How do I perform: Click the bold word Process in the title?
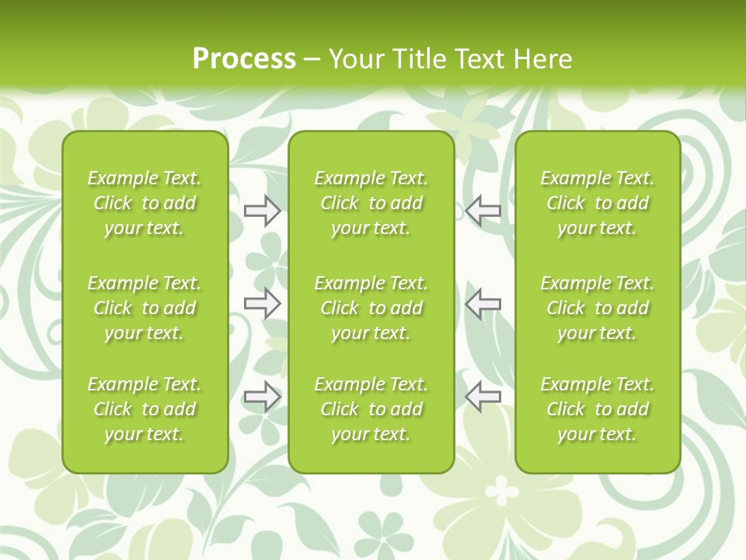click(x=244, y=59)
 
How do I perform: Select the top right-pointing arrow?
click(x=262, y=211)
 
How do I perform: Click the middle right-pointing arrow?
click(x=262, y=303)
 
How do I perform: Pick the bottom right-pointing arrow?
click(x=262, y=397)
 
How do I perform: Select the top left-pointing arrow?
click(x=483, y=211)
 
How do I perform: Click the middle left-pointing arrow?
click(x=483, y=303)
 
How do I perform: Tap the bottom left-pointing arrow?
click(x=483, y=397)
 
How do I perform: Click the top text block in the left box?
click(x=145, y=203)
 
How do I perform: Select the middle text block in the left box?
click(x=145, y=308)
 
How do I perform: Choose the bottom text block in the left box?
click(x=145, y=409)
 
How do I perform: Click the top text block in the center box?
click(x=371, y=203)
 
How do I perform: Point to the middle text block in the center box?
click(x=371, y=308)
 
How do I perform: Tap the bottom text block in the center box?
click(x=371, y=409)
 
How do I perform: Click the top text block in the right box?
click(x=598, y=203)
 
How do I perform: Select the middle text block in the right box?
click(x=598, y=308)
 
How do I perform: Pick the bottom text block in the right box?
click(x=598, y=409)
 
